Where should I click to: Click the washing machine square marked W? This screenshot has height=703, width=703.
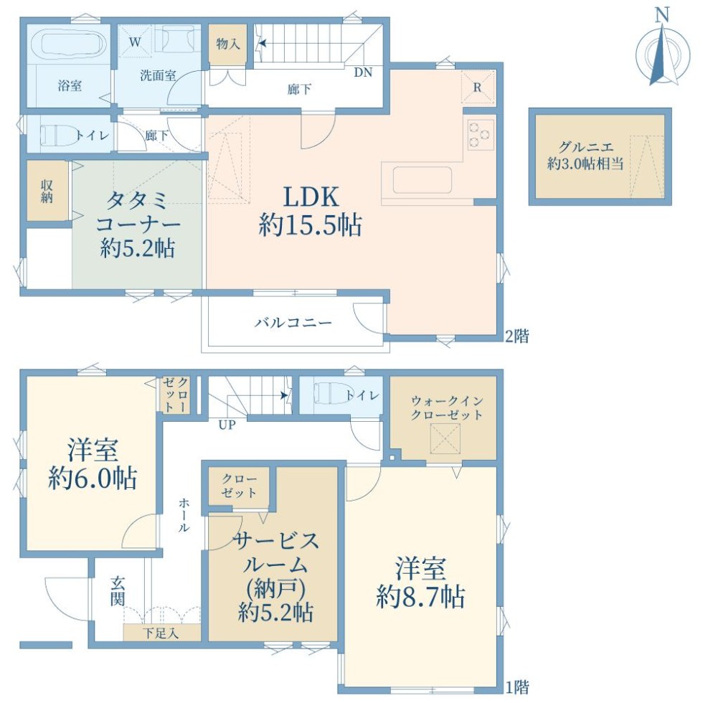pyautogui.click(x=135, y=42)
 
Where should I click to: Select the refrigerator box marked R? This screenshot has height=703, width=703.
pyautogui.click(x=478, y=87)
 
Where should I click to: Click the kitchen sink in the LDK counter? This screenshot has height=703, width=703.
pyautogui.click(x=423, y=180)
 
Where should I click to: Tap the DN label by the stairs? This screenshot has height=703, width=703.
pyautogui.click(x=363, y=72)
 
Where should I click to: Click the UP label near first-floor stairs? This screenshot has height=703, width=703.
pyautogui.click(x=227, y=424)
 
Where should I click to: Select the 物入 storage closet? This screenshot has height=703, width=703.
pyautogui.click(x=228, y=44)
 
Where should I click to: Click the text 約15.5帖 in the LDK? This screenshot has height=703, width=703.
pyautogui.click(x=310, y=225)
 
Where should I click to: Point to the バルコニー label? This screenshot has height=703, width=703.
pyautogui.click(x=293, y=322)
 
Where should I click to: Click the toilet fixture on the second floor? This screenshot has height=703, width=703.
pyautogui.click(x=60, y=135)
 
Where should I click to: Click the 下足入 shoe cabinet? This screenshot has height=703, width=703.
pyautogui.click(x=161, y=633)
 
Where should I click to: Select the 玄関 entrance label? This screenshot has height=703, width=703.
pyautogui.click(x=118, y=592)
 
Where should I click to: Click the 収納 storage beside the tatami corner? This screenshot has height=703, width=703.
pyautogui.click(x=47, y=191)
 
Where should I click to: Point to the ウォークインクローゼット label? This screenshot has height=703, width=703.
pyautogui.click(x=446, y=407)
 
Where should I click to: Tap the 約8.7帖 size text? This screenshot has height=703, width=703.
pyautogui.click(x=420, y=597)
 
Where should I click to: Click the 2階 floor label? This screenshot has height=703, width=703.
pyautogui.click(x=517, y=336)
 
